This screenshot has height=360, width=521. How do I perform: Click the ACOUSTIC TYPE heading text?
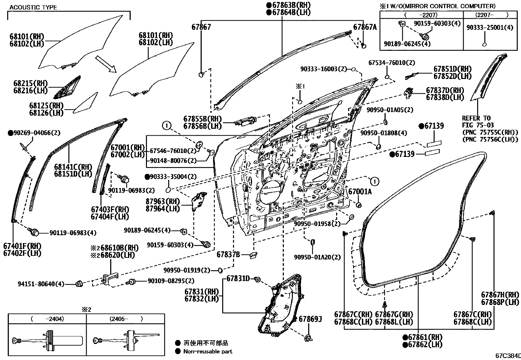click(x=33, y=7)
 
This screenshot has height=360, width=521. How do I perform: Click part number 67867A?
click(x=365, y=27)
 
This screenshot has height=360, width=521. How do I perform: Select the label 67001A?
click(x=360, y=192)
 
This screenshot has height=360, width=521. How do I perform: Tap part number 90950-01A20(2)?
click(x=317, y=257)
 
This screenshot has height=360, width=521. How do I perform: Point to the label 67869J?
click(x=310, y=319)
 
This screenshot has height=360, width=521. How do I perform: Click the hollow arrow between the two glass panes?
click(x=106, y=64)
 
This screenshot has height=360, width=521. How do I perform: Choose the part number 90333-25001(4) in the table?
click(x=490, y=28)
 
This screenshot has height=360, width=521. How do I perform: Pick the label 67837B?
click(x=228, y=255)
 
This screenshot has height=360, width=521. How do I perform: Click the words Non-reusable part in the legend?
click(x=208, y=351)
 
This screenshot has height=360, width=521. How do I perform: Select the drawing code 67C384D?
click(x=508, y=355)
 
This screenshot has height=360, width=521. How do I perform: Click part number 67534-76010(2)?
click(x=391, y=62)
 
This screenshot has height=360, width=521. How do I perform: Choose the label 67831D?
click(x=238, y=278)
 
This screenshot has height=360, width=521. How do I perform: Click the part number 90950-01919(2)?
click(x=187, y=270)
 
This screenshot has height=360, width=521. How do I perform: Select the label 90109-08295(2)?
click(x=171, y=281)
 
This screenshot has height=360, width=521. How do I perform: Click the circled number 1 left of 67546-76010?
click(x=167, y=125)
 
